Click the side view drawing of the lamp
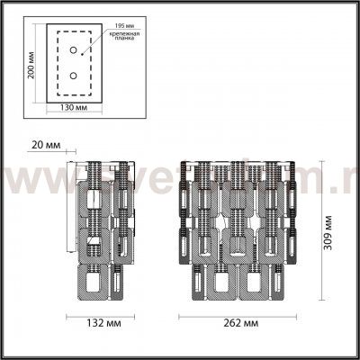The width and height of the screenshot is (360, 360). pyautogui.click(x=101, y=229)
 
